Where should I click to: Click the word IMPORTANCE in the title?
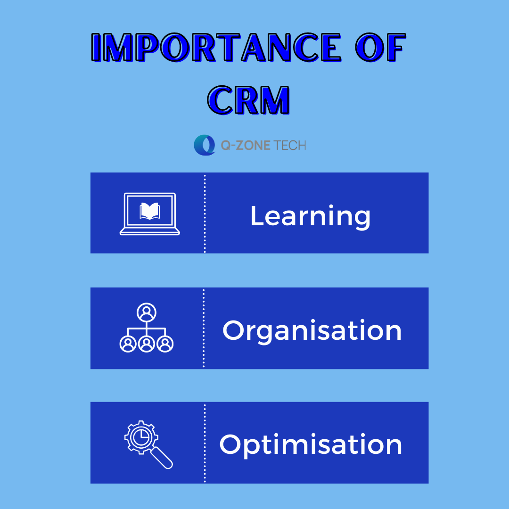tap(216, 48)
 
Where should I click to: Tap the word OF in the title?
tap(380, 48)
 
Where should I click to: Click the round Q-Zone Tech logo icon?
tap(205, 145)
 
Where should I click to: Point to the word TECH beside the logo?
tap(290, 146)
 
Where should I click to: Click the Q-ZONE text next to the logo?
tap(246, 146)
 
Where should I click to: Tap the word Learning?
tap(310, 216)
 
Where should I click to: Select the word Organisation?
tap(312, 331)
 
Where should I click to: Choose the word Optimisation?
tap(311, 445)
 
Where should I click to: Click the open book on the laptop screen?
tap(150, 211)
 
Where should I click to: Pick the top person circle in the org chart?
tap(147, 312)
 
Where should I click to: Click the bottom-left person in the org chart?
tap(128, 344)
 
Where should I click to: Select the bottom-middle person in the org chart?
tap(147, 344)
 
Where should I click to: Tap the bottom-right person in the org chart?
tap(165, 344)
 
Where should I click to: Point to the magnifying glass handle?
tap(162, 458)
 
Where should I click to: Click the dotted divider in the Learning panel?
tap(205, 213)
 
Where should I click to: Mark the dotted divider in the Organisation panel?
tap(204, 328)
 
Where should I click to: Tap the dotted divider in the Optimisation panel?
tap(205, 443)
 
